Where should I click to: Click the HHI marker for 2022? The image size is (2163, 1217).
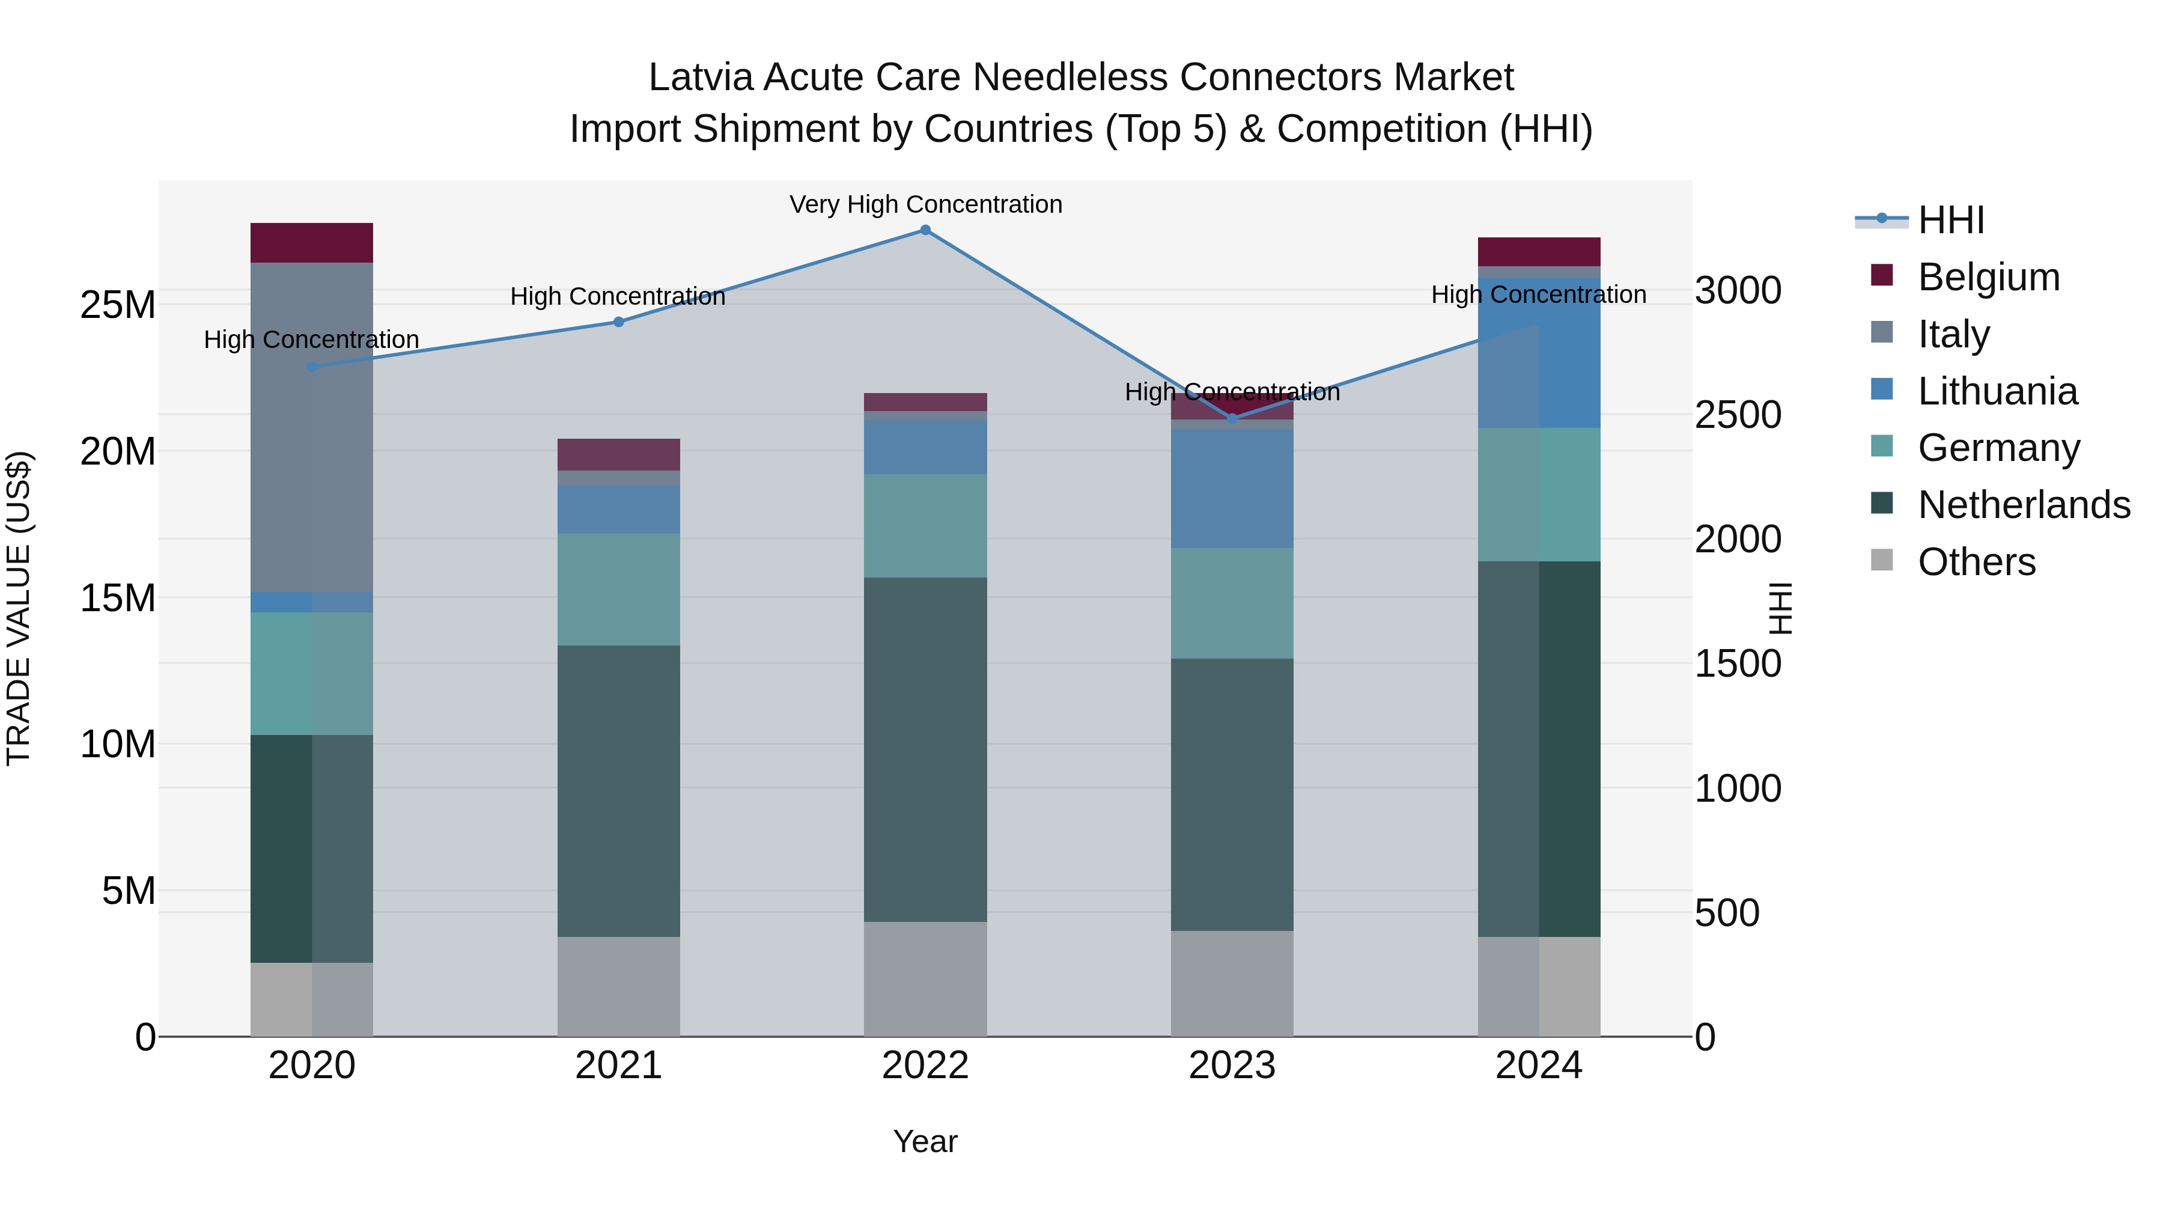pyautogui.click(x=925, y=230)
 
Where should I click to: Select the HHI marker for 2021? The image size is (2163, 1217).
pyautogui.click(x=619, y=322)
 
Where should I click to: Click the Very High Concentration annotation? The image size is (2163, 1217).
pyautogui.click(x=925, y=204)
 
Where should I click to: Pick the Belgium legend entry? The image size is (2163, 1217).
pyautogui.click(x=1988, y=277)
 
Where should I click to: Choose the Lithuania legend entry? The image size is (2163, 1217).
pyautogui.click(x=1997, y=391)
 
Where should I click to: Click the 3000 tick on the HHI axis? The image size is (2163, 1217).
pyautogui.click(x=1737, y=291)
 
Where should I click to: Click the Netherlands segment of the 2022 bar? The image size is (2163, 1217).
pyautogui.click(x=925, y=749)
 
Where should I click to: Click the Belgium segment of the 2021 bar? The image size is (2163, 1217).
pyautogui.click(x=619, y=454)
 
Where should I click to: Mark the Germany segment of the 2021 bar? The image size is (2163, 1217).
pyautogui.click(x=619, y=590)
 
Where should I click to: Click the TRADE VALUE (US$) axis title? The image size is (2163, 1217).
pyautogui.click(x=19, y=608)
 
